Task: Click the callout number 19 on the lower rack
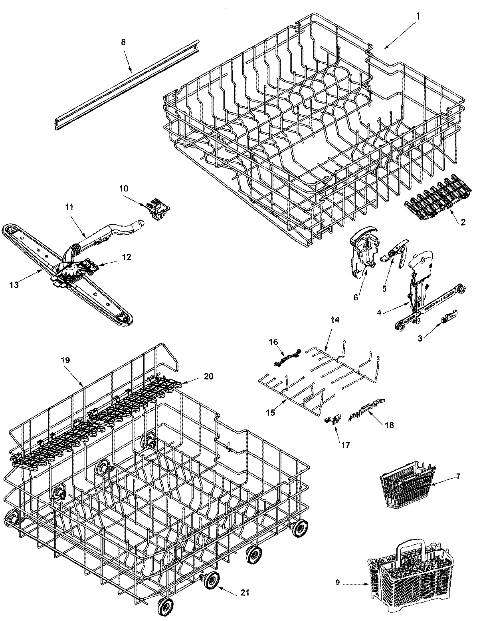tap(65, 360)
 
